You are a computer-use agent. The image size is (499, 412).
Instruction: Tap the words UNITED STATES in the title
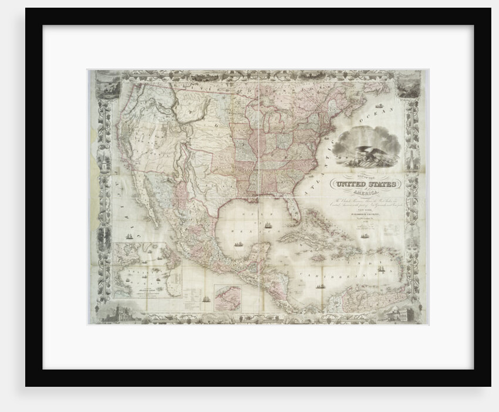pos(365,186)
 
